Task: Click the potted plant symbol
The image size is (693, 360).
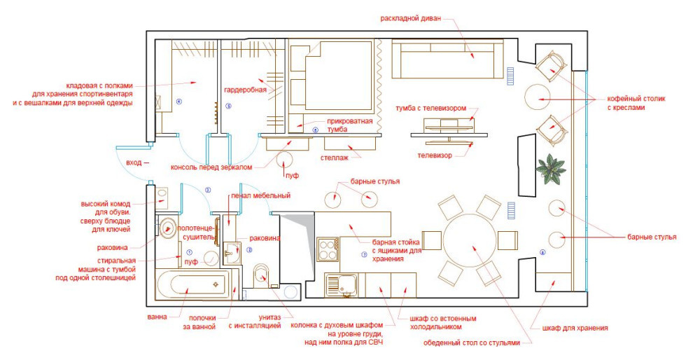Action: coord(550,169)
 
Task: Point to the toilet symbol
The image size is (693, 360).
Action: coord(261,276)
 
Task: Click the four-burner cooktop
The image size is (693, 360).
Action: coord(328,249)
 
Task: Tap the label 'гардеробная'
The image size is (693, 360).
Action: coord(245,90)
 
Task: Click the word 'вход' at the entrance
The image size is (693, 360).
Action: coord(134,162)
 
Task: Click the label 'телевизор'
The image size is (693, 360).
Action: coord(435,155)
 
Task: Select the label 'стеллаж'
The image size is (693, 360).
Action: coord(334,158)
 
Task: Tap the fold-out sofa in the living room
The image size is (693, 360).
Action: coord(447,59)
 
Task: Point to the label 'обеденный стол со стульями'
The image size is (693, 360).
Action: coord(472,342)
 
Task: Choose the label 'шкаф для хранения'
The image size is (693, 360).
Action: coord(575,328)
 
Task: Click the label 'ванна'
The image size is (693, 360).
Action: coord(157,317)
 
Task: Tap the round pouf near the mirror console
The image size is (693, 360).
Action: coord(285,160)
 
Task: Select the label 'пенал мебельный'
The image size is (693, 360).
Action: coord(261,195)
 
